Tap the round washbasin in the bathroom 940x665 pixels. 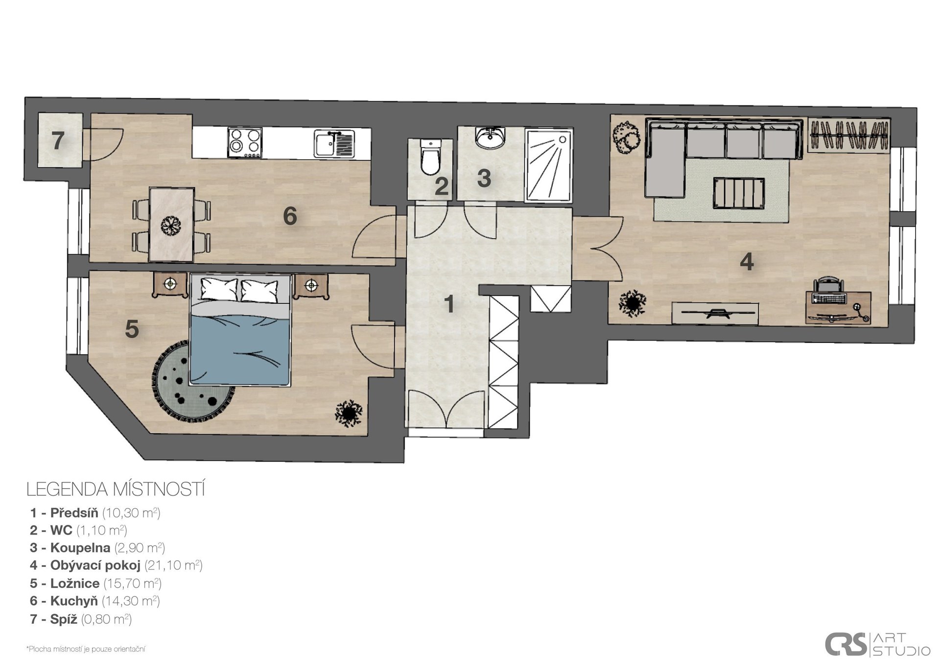[489, 138]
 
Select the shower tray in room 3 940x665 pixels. [548, 165]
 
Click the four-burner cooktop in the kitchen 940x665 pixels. [245, 143]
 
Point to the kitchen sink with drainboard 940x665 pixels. [334, 144]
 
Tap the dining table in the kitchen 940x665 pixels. [171, 224]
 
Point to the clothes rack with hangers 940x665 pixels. [848, 134]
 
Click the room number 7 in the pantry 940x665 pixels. [58, 141]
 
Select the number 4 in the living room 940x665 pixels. [747, 262]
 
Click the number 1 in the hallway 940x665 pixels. [449, 304]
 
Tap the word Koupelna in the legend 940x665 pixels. [80, 548]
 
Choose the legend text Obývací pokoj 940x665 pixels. [95, 566]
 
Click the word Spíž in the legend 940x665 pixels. [64, 619]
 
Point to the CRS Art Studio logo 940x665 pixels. [877, 644]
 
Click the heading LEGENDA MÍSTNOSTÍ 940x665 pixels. [116, 489]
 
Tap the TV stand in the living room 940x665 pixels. [715, 314]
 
